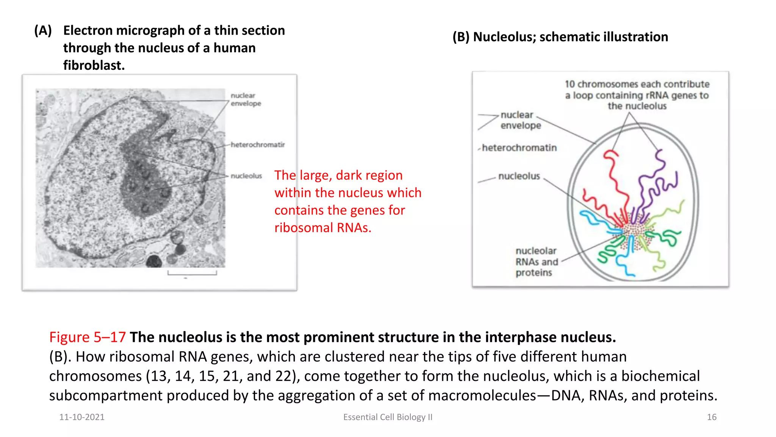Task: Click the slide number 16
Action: (x=712, y=417)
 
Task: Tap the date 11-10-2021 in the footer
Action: (x=82, y=417)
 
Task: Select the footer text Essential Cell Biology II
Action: (x=388, y=417)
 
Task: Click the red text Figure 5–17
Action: (x=88, y=337)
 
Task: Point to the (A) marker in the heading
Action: (x=43, y=30)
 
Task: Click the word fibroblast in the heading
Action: (x=94, y=65)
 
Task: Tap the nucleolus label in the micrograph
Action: (x=246, y=176)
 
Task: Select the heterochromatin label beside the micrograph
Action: (x=258, y=145)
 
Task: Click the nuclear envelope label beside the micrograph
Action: (x=246, y=99)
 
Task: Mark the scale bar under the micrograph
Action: (x=192, y=273)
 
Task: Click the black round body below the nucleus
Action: (x=154, y=261)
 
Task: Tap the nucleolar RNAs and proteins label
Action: (x=536, y=262)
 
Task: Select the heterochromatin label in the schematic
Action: (x=519, y=148)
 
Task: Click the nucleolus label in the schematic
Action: (x=519, y=176)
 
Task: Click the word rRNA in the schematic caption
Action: (x=657, y=95)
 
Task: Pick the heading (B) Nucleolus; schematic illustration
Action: (x=560, y=37)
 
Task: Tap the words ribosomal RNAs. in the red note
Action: (x=323, y=228)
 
